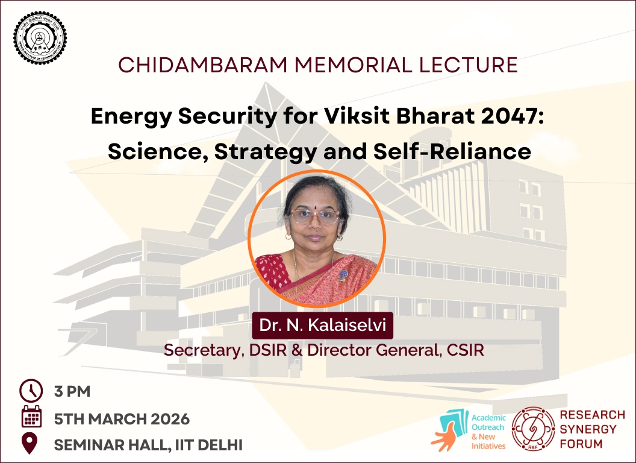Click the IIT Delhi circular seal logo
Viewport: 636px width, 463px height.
tap(40, 37)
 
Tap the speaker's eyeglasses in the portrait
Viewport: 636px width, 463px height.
tap(314, 216)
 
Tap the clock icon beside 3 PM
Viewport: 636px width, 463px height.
tap(31, 391)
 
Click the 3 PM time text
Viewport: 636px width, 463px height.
tap(72, 391)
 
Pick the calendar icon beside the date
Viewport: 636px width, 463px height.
tap(31, 417)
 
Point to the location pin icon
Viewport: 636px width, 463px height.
tap(30, 444)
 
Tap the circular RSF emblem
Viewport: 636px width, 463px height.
tap(532, 429)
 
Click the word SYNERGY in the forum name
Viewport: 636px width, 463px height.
tap(588, 429)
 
